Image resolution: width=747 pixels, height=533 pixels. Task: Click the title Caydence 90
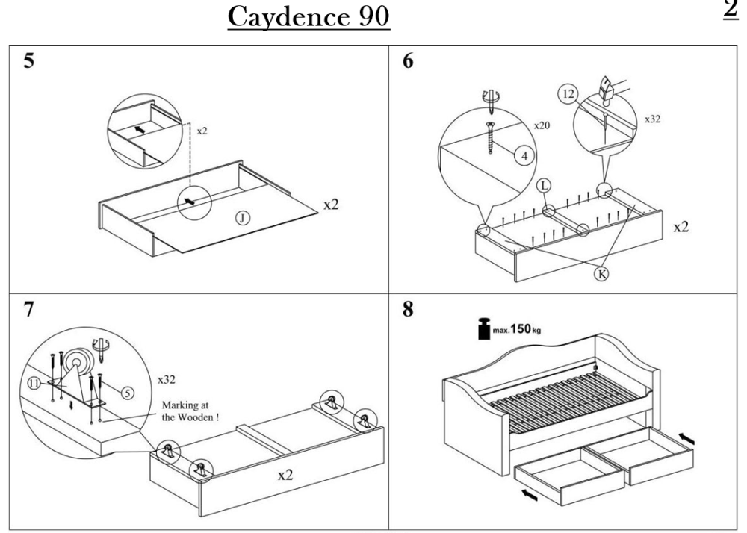tap(309, 17)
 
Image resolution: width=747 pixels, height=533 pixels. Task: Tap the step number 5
tap(29, 61)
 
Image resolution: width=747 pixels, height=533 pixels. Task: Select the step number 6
tap(409, 61)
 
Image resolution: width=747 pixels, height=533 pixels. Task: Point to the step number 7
tap(29, 310)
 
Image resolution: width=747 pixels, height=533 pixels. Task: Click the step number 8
tap(409, 309)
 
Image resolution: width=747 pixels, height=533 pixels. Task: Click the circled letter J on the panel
tap(243, 218)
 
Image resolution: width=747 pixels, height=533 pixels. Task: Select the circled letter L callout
tap(545, 186)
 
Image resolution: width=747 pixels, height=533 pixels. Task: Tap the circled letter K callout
tap(602, 274)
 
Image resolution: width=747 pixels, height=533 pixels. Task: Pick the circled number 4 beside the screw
tap(524, 155)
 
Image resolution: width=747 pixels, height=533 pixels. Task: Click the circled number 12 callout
tap(568, 94)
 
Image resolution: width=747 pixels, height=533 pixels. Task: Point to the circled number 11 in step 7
tap(34, 383)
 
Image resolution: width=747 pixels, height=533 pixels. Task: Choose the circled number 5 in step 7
tap(127, 393)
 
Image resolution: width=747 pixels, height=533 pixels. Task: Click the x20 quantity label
tap(542, 125)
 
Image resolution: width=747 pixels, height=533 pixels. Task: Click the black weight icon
tap(484, 328)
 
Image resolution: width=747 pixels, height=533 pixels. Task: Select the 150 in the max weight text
tap(520, 328)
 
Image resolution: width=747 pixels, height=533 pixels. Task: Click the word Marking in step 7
tap(180, 405)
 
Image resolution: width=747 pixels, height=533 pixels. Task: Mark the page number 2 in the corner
tap(731, 8)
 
